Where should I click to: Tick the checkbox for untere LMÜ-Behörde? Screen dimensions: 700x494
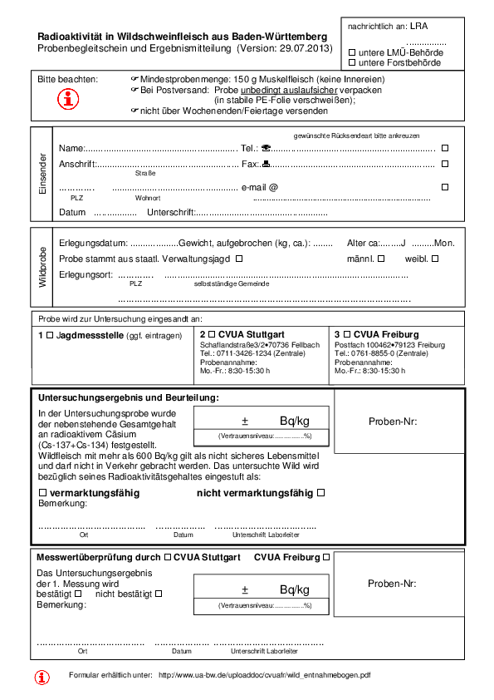tap(352, 52)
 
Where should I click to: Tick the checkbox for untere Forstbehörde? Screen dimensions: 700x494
tap(352, 63)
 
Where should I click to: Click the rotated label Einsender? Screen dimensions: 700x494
tap(42, 174)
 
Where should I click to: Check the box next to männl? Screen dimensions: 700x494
tap(383, 259)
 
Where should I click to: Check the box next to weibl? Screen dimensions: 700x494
tap(434, 259)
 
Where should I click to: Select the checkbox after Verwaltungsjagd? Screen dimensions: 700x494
tap(239, 259)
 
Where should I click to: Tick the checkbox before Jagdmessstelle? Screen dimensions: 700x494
tap(49, 334)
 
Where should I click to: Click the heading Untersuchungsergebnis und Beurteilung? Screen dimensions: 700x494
tap(129, 398)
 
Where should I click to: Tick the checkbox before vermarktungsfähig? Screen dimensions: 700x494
tap(42, 493)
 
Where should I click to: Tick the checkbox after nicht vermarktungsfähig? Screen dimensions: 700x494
tap(320, 493)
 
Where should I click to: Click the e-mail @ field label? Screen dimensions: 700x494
tap(259, 187)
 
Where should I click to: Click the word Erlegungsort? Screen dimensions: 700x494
tap(86, 274)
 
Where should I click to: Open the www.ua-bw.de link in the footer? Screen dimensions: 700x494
tap(264, 675)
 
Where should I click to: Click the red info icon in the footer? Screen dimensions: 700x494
tap(42, 677)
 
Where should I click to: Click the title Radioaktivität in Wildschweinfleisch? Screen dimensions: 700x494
tap(183, 37)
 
